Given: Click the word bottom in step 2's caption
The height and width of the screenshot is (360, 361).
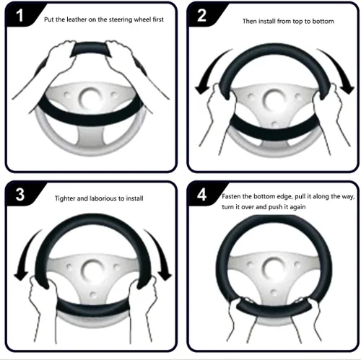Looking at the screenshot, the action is [323, 21].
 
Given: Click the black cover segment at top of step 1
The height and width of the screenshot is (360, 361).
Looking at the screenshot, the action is [91, 48].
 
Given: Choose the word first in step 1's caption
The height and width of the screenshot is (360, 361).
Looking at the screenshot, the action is [158, 19].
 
